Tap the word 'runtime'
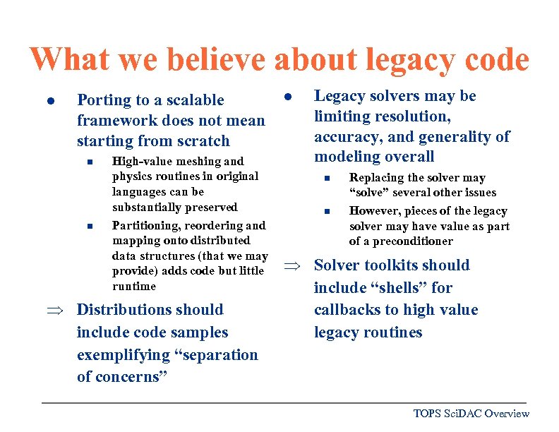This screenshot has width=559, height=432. pos(134,287)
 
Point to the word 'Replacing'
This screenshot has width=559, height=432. pos(377,178)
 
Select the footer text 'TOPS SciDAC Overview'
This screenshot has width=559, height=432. pos(471,414)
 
